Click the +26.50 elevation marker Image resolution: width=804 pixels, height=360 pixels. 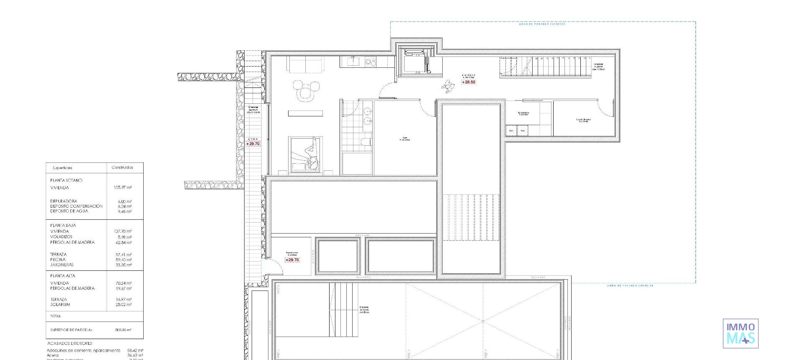pyautogui.click(x=469, y=82)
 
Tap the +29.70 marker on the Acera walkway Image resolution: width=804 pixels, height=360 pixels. pyautogui.click(x=253, y=144)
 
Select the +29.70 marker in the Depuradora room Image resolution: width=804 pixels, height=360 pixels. pyautogui.click(x=292, y=260)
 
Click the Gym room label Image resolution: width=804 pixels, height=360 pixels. pyautogui.click(x=405, y=139)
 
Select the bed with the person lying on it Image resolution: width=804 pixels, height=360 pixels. pyautogui.click(x=306, y=154)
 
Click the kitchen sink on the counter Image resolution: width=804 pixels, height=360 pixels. pyautogui.click(x=353, y=62)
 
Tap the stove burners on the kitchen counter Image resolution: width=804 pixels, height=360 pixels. pyautogui.click(x=371, y=62)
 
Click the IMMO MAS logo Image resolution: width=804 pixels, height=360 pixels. pyautogui.click(x=740, y=334)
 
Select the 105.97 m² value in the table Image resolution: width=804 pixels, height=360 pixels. pyautogui.click(x=123, y=188)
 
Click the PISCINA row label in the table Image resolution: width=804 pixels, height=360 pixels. pyautogui.click(x=58, y=260)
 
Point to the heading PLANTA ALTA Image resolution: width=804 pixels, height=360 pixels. pyautogui.click(x=63, y=276)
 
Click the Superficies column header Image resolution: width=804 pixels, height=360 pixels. pyautogui.click(x=63, y=168)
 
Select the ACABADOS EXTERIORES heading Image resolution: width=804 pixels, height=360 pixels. pyautogui.click(x=70, y=343)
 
